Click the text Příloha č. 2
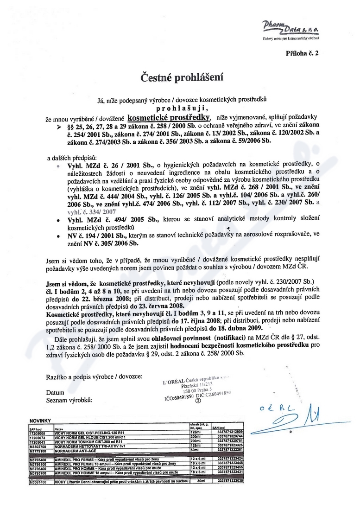[x=303, y=54]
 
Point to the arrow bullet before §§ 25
[x=59, y=127]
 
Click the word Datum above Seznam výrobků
[x=55, y=393]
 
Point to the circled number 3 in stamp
[x=199, y=402]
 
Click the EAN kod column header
[x=219, y=427]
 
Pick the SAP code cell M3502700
[x=38, y=446]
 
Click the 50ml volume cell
[x=194, y=450]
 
